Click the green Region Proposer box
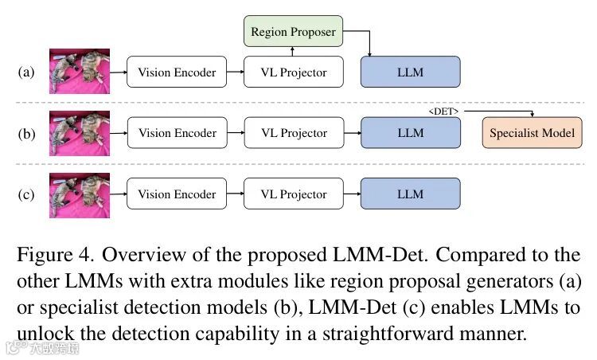pyautogui.click(x=293, y=32)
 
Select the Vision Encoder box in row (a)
pyautogui.click(x=177, y=72)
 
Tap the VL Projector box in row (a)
pyautogui.click(x=294, y=72)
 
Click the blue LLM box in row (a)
pyautogui.click(x=410, y=72)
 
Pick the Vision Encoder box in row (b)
pyautogui.click(x=177, y=133)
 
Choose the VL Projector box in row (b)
pyautogui.click(x=294, y=133)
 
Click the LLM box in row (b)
pyautogui.click(x=410, y=133)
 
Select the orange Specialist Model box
pyautogui.click(x=531, y=133)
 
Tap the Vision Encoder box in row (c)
pyautogui.click(x=177, y=194)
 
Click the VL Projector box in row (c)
pyautogui.click(x=294, y=194)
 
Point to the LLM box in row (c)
pyautogui.click(x=410, y=194)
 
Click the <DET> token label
pyautogui.click(x=443, y=112)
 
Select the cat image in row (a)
pyautogui.click(x=80, y=72)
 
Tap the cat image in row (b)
pyautogui.click(x=80, y=133)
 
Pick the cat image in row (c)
pyautogui.click(x=80, y=194)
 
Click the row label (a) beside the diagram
pyautogui.click(x=26, y=72)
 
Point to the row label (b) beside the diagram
pyautogui.click(x=26, y=134)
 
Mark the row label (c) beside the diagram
pyautogui.click(x=26, y=195)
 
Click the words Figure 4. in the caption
pyautogui.click(x=53, y=256)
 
